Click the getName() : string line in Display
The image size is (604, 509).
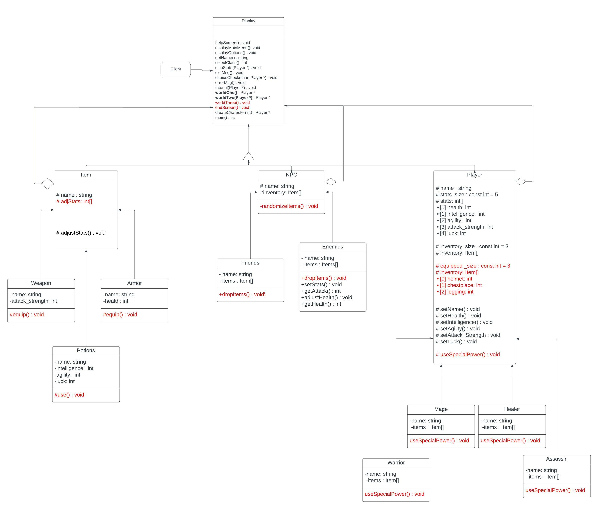(x=232, y=58)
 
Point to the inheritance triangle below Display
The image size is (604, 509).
(x=248, y=156)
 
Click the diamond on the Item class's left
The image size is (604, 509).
(x=48, y=184)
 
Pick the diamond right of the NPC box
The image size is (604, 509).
(x=331, y=182)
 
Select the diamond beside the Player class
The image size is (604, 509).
(x=521, y=182)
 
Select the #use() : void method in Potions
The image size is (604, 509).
(x=69, y=395)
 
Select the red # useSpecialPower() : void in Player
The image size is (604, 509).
(x=468, y=355)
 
